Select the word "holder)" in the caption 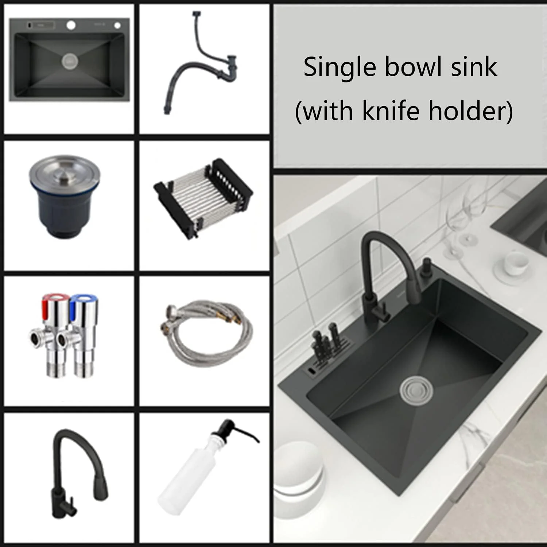click(x=471, y=111)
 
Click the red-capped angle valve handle click(x=51, y=302)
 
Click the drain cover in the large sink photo click(x=416, y=391)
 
